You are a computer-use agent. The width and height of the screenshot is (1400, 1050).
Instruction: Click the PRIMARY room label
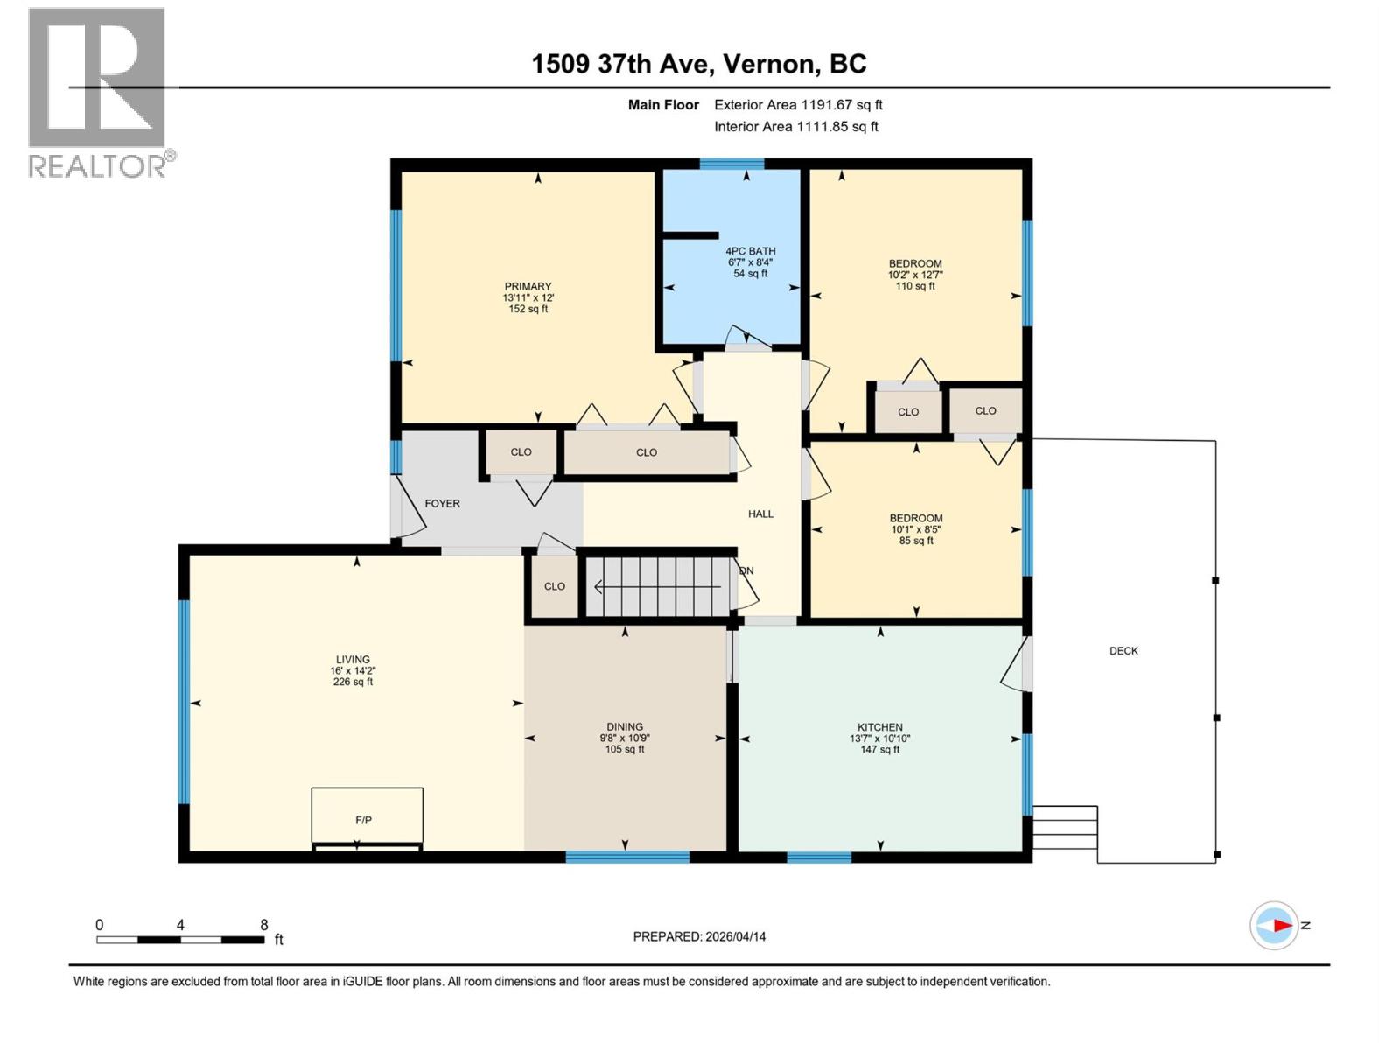pyautogui.click(x=528, y=287)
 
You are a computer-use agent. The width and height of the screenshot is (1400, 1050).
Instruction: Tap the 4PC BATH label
pyautogui.click(x=750, y=251)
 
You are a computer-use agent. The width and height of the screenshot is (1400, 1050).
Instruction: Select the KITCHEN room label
pyautogui.click(x=879, y=727)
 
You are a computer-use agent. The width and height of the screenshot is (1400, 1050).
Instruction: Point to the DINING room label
pyautogui.click(x=625, y=726)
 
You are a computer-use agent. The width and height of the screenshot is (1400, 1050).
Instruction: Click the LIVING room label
pyautogui.click(x=353, y=660)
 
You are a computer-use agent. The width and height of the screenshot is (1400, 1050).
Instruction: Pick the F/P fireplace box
pyautogui.click(x=367, y=816)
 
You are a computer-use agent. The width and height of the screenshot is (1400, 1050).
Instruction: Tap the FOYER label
pyautogui.click(x=442, y=504)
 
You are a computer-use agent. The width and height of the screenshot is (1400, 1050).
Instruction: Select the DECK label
pyautogui.click(x=1123, y=651)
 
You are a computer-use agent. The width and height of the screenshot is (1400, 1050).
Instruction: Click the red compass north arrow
pyautogui.click(x=1281, y=925)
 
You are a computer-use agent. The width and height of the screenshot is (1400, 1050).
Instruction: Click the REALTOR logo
pyautogui.click(x=97, y=92)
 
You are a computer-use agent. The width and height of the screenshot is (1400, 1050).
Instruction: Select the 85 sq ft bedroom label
pyautogui.click(x=916, y=518)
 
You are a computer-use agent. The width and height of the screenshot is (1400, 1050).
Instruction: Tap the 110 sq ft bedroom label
pyautogui.click(x=915, y=264)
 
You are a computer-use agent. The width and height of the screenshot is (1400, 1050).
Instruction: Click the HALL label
pyautogui.click(x=760, y=514)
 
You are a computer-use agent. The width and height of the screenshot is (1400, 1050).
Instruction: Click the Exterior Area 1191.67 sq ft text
pyautogui.click(x=798, y=105)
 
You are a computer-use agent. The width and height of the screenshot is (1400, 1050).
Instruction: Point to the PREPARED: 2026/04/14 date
pyautogui.click(x=699, y=936)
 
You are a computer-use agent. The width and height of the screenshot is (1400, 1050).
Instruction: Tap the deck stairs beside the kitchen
pyautogui.click(x=1065, y=828)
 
